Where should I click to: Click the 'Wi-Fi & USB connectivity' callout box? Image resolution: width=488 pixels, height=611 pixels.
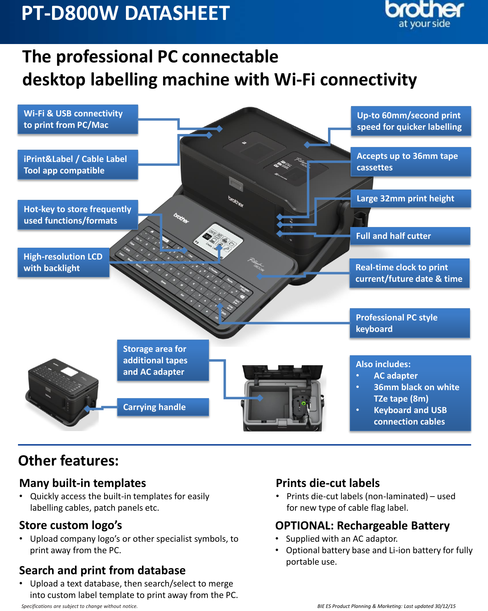[78, 119]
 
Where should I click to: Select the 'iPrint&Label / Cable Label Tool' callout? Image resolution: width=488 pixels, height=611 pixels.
[78, 165]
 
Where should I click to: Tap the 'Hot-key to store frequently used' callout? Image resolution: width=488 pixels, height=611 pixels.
[78, 215]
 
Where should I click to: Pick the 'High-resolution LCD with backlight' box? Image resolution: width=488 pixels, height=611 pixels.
[64, 262]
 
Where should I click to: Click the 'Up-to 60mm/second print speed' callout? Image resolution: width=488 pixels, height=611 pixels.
[411, 121]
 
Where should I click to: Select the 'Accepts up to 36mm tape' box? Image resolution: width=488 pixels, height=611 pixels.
[411, 162]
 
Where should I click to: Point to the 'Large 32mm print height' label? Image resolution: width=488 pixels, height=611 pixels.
[411, 198]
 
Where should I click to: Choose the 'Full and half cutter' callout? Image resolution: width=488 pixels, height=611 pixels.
[410, 236]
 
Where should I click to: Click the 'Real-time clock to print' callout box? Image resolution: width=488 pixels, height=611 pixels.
[409, 273]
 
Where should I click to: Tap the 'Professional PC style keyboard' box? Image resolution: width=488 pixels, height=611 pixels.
[410, 323]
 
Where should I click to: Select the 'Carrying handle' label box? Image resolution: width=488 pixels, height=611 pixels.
[163, 407]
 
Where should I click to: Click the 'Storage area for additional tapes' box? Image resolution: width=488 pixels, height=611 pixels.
[163, 360]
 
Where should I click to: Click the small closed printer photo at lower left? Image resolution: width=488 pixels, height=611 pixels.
[63, 394]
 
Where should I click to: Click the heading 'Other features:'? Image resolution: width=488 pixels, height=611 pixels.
[69, 461]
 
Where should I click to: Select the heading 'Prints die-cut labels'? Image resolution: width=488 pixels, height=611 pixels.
[328, 483]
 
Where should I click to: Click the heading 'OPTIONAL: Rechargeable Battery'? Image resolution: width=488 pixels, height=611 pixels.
[362, 526]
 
